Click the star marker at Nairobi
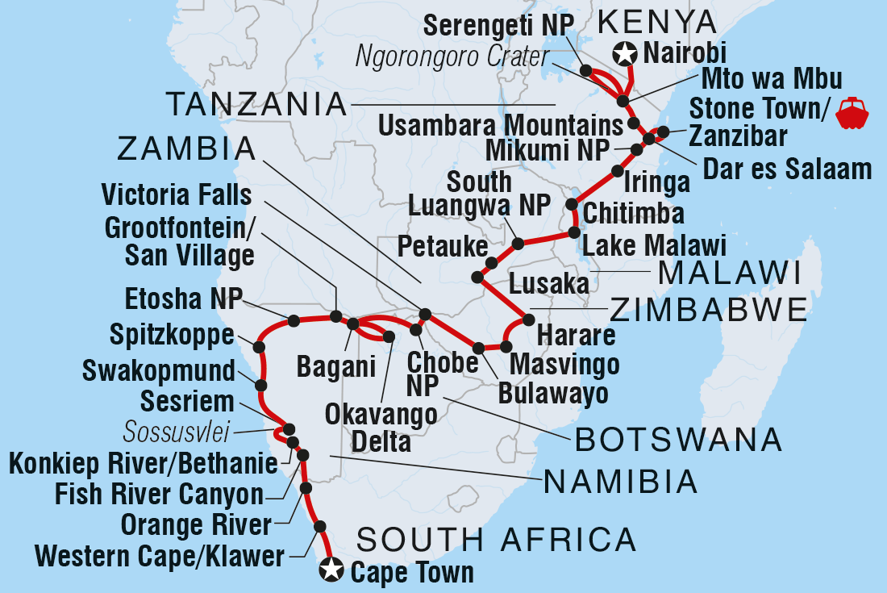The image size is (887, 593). pyautogui.click(x=624, y=54)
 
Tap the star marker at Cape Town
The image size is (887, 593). pyautogui.click(x=331, y=570)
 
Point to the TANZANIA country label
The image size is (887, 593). pyautogui.click(x=256, y=104)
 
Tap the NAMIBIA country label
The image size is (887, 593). pyautogui.click(x=621, y=482)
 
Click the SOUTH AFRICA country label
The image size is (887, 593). pyautogui.click(x=497, y=538)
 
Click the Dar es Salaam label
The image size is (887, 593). pyautogui.click(x=787, y=169)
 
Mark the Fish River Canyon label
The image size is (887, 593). pyautogui.click(x=159, y=494)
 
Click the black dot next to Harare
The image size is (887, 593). pyautogui.click(x=529, y=319)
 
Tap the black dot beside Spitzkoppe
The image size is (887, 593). pyautogui.click(x=259, y=347)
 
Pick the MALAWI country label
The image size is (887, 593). pyautogui.click(x=730, y=274)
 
